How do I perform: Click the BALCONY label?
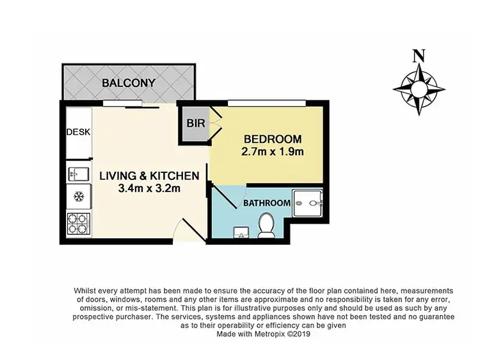tap(129, 83)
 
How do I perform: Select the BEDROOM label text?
tap(272, 140)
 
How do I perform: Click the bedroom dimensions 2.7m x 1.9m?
tap(272, 152)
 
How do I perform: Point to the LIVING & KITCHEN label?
tap(149, 176)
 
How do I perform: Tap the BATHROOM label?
tap(266, 203)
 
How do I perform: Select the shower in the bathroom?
tap(308, 204)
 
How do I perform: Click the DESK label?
tap(78, 132)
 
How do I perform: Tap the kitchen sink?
tap(78, 174)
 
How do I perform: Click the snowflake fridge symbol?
tap(79, 195)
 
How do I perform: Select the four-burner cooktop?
tap(79, 222)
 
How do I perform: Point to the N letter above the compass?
tap(419, 56)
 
